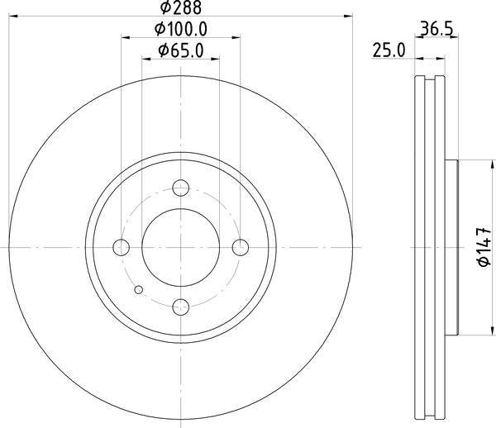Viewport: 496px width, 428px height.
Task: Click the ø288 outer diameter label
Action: click(x=180, y=7)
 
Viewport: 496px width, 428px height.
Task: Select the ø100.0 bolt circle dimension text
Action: click(x=180, y=30)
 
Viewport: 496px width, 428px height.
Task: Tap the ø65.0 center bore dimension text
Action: click(x=180, y=51)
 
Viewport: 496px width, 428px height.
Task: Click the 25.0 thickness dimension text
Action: click(x=388, y=50)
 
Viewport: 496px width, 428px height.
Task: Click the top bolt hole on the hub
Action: click(x=181, y=188)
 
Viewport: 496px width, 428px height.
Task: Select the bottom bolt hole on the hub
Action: click(x=181, y=307)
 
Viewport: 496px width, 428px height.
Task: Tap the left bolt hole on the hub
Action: click(x=122, y=247)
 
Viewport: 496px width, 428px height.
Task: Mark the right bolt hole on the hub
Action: click(x=241, y=247)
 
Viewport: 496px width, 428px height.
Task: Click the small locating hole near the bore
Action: click(x=139, y=288)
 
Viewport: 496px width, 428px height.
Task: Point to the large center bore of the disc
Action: click(x=181, y=247)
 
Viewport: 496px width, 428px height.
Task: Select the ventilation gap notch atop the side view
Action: click(x=429, y=80)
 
